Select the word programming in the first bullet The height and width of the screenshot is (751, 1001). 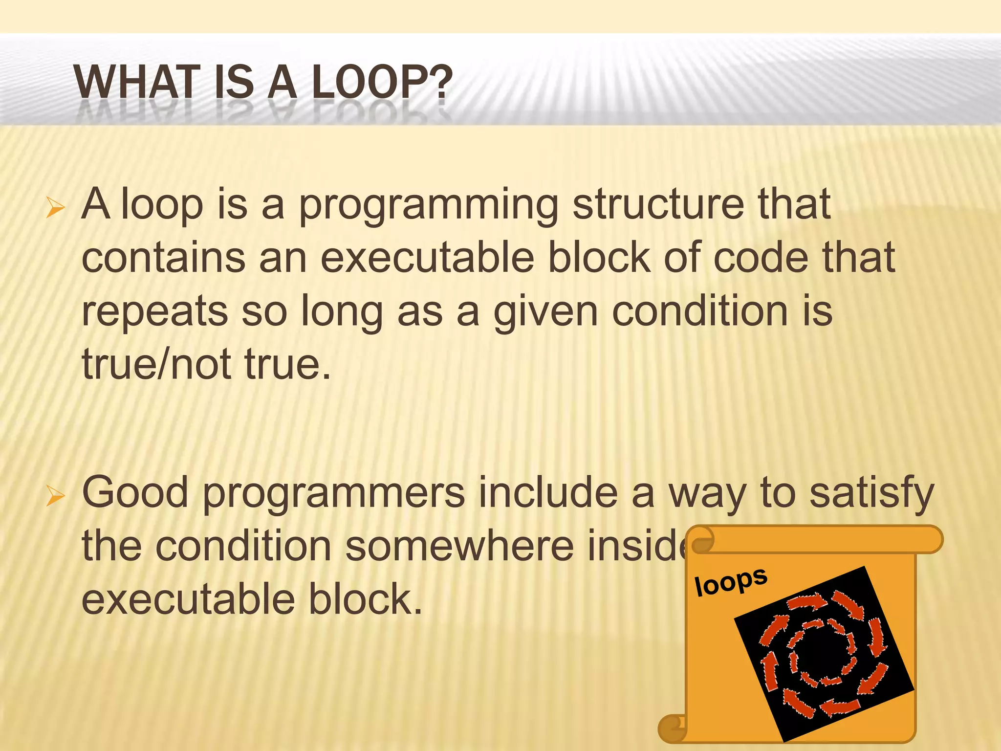click(x=428, y=205)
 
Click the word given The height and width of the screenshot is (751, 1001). click(x=545, y=313)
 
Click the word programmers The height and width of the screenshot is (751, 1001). click(x=334, y=494)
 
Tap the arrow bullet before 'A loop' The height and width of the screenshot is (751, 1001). click(x=55, y=209)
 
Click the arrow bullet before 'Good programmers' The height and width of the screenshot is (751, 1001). click(x=55, y=497)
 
